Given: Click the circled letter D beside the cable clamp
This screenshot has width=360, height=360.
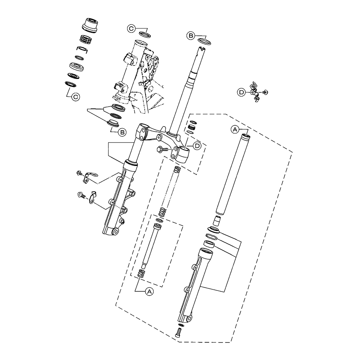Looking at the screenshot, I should (242, 93).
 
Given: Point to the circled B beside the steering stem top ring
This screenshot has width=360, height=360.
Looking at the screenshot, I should (191, 35).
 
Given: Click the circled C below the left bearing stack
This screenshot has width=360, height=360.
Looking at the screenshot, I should (75, 96).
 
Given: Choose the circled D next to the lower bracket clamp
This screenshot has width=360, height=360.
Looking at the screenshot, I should (197, 145).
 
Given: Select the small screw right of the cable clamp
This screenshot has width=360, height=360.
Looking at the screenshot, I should (265, 92).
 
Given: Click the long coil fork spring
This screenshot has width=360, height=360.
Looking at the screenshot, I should (169, 191).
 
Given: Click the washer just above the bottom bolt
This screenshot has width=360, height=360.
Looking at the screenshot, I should (180, 324).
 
